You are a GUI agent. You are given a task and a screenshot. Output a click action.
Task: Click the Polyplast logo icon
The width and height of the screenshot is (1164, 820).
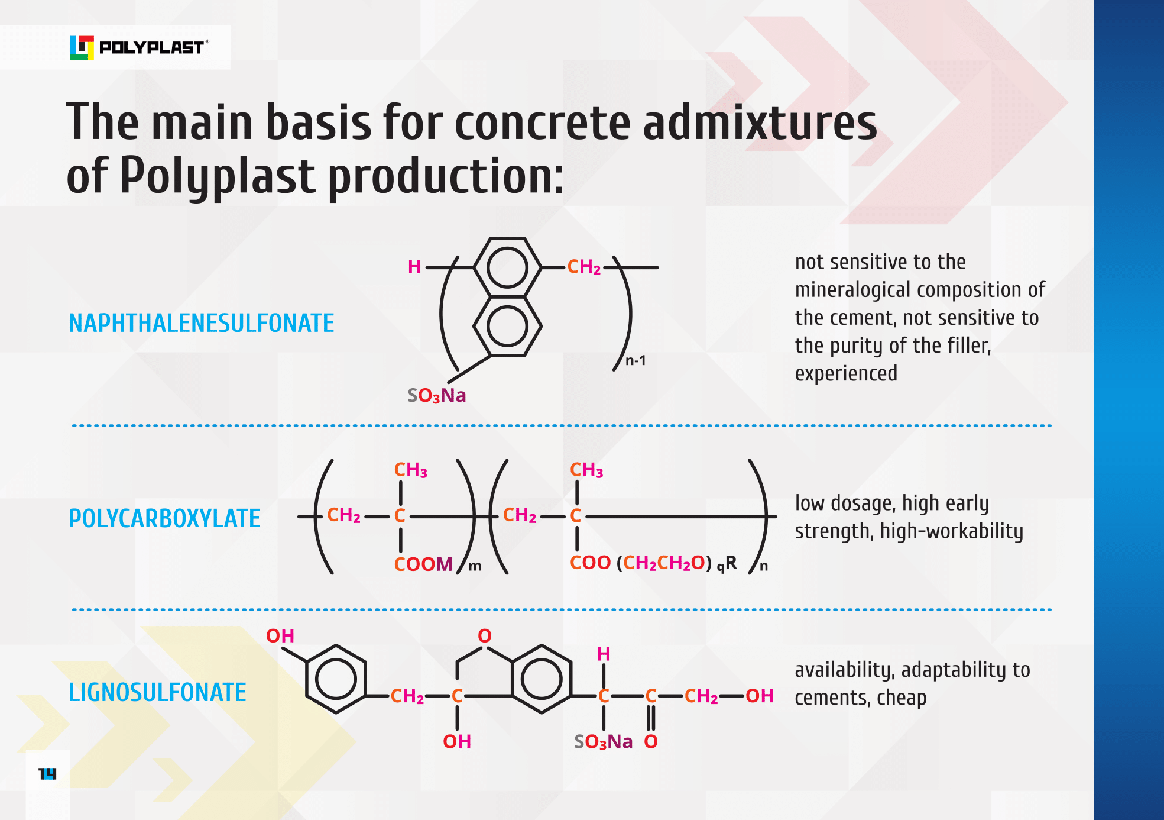tap(82, 47)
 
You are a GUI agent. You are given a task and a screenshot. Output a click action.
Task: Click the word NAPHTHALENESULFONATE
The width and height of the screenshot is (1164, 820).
tap(201, 324)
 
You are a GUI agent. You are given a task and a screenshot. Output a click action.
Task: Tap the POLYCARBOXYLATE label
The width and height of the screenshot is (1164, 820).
tap(164, 519)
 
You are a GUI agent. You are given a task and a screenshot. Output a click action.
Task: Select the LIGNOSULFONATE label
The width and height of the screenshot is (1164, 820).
tap(157, 693)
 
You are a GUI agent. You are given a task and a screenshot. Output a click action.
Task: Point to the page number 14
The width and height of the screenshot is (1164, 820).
tap(47, 774)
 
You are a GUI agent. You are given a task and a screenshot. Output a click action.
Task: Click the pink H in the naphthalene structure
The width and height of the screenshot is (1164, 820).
tap(414, 267)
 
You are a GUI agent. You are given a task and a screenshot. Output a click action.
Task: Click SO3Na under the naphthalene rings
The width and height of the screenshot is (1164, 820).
tap(437, 395)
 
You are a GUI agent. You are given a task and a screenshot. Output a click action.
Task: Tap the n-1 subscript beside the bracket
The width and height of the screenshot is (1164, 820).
tap(636, 360)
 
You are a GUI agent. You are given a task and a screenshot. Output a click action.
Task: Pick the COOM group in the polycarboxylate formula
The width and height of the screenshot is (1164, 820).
tap(423, 564)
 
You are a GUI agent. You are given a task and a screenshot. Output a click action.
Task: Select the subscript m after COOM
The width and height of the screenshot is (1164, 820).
tap(475, 567)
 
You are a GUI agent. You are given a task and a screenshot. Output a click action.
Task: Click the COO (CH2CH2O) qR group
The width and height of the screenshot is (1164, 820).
tap(653, 563)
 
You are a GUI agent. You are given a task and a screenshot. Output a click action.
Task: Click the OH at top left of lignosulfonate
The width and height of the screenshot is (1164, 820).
tap(280, 636)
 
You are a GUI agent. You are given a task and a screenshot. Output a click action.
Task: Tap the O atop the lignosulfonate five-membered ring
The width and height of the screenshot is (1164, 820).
tap(485, 636)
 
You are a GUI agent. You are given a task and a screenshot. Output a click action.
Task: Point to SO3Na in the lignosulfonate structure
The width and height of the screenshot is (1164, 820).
tap(603, 742)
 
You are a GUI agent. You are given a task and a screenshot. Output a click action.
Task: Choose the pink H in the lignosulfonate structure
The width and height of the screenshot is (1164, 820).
tap(604, 654)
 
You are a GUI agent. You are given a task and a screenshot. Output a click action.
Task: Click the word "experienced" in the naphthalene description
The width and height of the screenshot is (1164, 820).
tap(846, 374)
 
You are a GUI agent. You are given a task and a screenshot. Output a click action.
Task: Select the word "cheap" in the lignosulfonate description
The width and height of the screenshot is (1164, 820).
tap(902, 698)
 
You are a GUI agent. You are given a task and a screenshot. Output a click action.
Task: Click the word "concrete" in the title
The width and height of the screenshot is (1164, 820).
tap(543, 122)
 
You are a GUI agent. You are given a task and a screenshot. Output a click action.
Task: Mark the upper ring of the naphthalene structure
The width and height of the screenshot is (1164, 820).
tap(507, 267)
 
